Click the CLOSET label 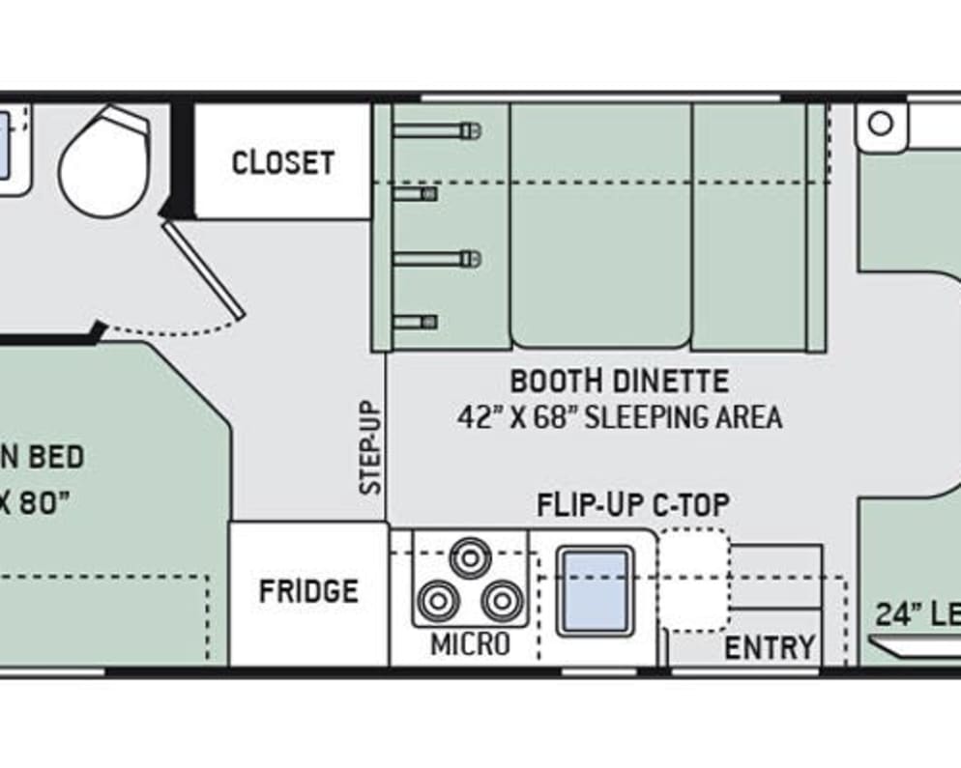tap(282, 162)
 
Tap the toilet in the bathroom tap(102, 162)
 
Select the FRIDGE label tap(308, 590)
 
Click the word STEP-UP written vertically tap(371, 448)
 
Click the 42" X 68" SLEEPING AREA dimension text tap(619, 417)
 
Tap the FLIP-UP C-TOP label tap(633, 504)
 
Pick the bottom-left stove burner tap(438, 602)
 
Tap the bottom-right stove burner tap(502, 602)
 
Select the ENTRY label tap(770, 648)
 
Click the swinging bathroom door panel tap(204, 270)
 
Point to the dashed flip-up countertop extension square tap(695, 580)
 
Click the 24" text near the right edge tap(896, 614)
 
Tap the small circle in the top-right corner tap(881, 124)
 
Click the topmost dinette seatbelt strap tap(437, 129)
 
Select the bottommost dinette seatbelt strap tap(416, 322)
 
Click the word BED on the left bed tap(55, 457)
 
